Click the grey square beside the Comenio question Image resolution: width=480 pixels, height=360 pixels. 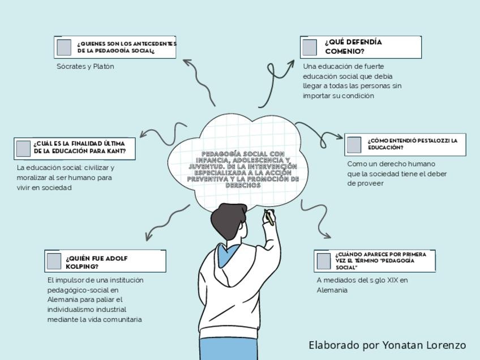coord(309,48)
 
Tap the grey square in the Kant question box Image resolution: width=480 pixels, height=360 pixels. coord(23,148)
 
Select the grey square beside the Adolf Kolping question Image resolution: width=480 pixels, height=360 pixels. coord(54,261)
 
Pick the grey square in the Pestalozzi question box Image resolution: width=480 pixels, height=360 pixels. coord(354,144)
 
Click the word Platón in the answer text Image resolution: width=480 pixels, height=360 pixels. coord(103,66)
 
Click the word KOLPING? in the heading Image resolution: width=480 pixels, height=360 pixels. coord(82,267)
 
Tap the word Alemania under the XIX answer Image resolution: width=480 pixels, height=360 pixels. coord(332,290)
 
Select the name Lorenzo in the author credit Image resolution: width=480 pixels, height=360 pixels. coord(445,345)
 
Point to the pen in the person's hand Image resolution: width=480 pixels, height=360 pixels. coord(270,217)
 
